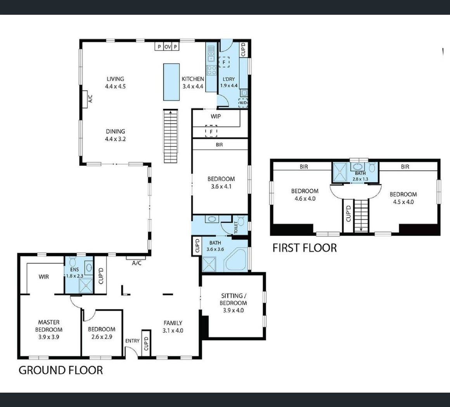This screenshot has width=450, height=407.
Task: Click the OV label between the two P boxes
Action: point(168,47)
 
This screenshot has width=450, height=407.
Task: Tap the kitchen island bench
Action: point(171,82)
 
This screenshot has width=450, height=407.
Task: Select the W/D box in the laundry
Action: point(243,103)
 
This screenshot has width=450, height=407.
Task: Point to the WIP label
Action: point(216,117)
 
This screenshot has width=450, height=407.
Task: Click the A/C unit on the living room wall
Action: point(85,99)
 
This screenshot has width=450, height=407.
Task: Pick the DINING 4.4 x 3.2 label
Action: point(115,135)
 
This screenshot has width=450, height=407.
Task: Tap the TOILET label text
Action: point(236,227)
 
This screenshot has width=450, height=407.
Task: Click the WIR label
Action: point(43,277)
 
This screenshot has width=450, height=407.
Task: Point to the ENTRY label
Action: point(132,341)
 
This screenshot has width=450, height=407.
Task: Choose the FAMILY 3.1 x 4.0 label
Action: point(173,327)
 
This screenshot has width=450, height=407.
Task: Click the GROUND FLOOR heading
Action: point(61,370)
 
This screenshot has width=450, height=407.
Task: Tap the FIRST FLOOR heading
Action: point(305,248)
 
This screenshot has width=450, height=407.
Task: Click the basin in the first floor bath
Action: point(358,167)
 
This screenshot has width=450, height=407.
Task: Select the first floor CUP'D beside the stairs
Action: point(348,214)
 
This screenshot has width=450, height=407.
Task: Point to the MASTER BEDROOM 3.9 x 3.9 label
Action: point(49,329)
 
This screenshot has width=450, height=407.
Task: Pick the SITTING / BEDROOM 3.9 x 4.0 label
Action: point(233,303)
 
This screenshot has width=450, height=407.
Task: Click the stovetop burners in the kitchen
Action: point(212,70)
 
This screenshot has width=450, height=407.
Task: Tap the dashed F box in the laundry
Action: point(224,62)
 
